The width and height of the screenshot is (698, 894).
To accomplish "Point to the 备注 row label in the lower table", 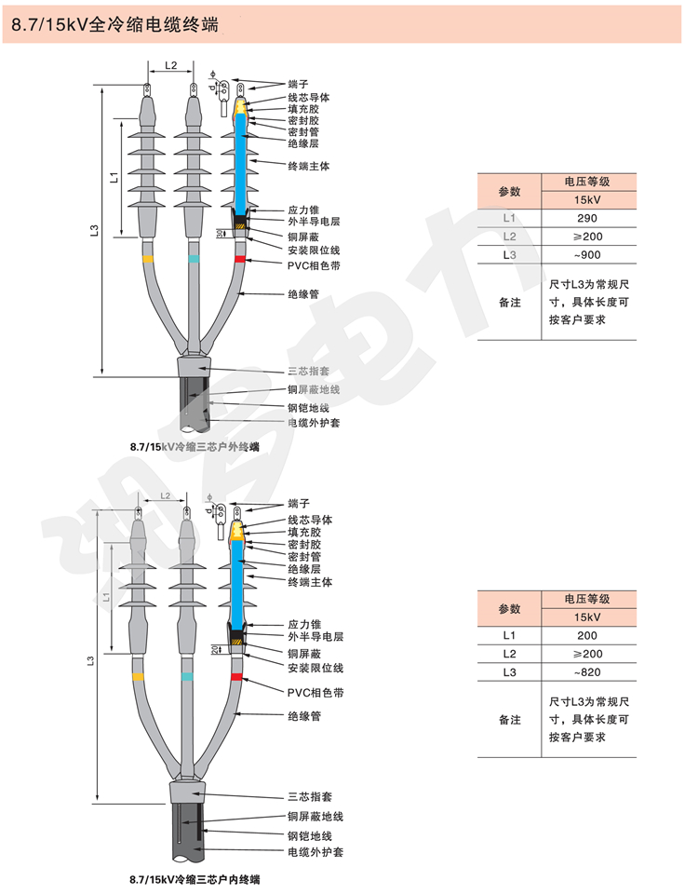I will pos(509,720).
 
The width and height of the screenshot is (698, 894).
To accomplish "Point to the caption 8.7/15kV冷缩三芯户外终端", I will pos(195,447).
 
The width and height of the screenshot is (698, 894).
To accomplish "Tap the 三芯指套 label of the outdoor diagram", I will pos(308,371).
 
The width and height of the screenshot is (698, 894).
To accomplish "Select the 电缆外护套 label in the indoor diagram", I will pos(314,851).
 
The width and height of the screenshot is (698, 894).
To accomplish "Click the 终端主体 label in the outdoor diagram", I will pos(309,165).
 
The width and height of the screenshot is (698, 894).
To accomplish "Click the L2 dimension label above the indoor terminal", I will pos(166,496).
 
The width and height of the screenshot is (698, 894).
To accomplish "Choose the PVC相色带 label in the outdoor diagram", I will pos(315,264).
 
